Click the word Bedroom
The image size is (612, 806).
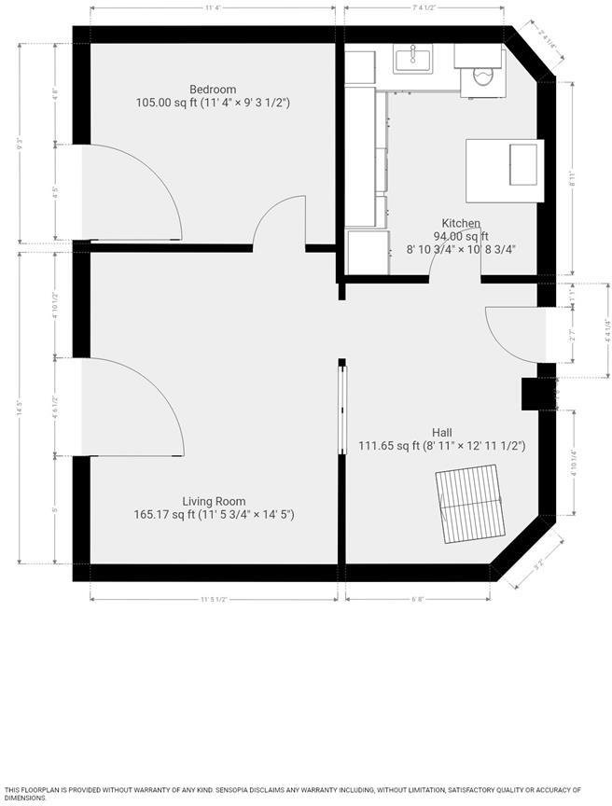click(212, 90)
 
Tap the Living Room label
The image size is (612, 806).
click(214, 501)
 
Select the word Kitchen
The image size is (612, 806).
click(461, 224)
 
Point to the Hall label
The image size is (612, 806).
click(442, 432)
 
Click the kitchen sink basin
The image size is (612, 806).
click(412, 59)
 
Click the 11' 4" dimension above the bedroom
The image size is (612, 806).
click(212, 8)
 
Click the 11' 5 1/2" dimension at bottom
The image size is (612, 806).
click(214, 599)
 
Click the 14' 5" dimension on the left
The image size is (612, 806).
click(19, 408)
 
